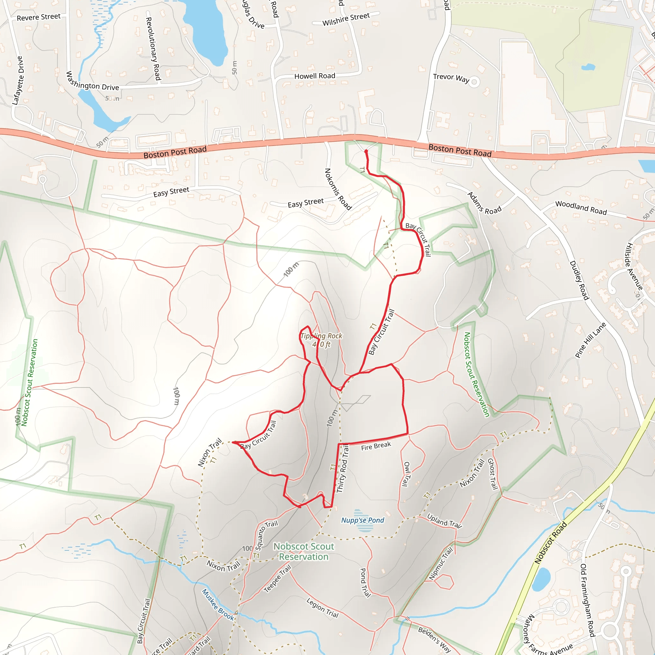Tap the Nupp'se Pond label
(362, 520)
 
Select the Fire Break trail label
(376, 446)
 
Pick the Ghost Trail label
(492, 474)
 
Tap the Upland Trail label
(444, 521)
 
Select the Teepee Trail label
(277, 578)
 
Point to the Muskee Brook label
(218, 604)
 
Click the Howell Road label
(315, 76)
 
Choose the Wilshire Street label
(346, 19)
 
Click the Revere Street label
(39, 17)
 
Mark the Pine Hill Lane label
(590, 340)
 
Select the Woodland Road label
(581, 208)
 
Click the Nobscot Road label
(551, 543)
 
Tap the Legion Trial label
(322, 608)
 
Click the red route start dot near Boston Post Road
(366, 151)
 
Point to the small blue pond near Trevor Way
(588, 67)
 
